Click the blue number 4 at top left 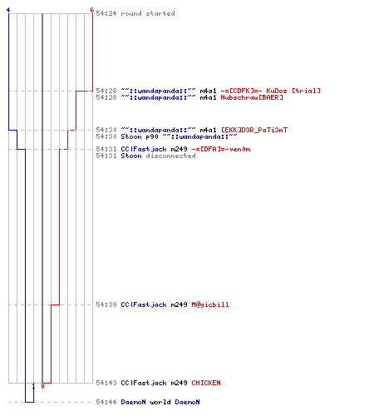[8, 10]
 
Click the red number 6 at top [92, 10]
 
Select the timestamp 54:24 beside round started [106, 13]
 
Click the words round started [148, 13]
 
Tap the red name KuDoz [277, 91]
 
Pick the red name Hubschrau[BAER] [252, 97]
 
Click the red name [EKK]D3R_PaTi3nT [254, 130]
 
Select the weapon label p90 [152, 136]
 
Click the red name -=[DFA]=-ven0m [221, 149]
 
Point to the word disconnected [171, 156]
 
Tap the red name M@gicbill [210, 305]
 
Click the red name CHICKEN [206, 383]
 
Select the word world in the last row [160, 402]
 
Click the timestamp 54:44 [106, 402]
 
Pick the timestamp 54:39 [106, 305]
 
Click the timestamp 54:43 [106, 383]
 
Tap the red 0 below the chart [42, 386]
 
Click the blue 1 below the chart [33, 386]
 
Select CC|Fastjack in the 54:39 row [144, 305]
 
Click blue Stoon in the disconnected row [131, 156]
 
